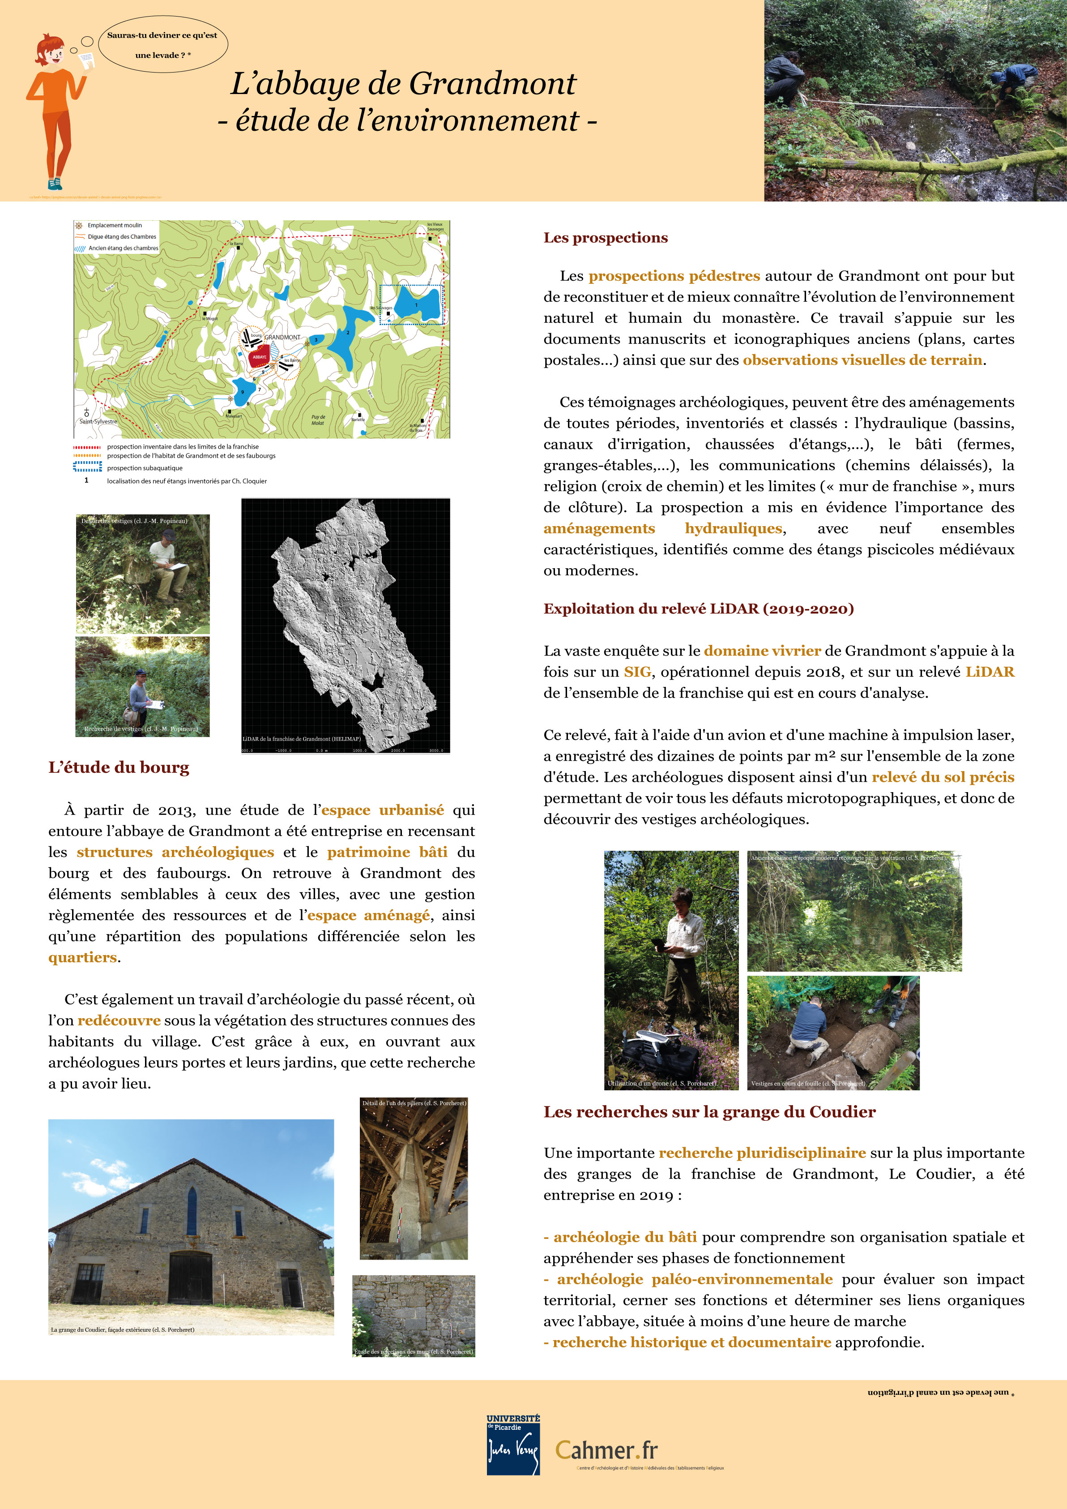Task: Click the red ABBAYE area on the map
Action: (260, 357)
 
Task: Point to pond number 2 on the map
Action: (348, 333)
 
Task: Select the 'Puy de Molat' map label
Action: (318, 419)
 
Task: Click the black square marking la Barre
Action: (238, 248)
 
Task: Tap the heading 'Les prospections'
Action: (605, 238)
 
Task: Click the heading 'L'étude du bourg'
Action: (119, 767)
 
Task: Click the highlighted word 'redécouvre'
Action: (119, 1020)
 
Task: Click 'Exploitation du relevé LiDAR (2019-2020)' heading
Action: (698, 609)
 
